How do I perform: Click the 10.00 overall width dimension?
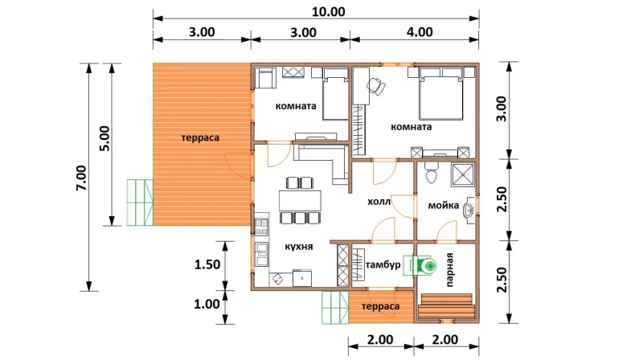coord(328,11)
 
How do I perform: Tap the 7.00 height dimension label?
coord(81,178)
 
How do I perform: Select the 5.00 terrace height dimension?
coord(105,138)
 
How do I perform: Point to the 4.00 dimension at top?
coord(420,32)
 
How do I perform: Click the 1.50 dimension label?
coord(207,264)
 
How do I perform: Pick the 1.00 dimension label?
coord(207,304)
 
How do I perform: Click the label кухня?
coord(298,247)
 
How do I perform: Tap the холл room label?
coord(379,202)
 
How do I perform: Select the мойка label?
coord(444,205)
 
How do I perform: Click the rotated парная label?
coord(450,269)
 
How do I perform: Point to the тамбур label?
coord(383,265)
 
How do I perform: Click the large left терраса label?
coord(200,138)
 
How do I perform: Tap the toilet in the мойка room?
coord(431,173)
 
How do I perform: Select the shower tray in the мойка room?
coord(463,174)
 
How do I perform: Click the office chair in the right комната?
coord(376,86)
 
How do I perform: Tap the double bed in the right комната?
coord(440,94)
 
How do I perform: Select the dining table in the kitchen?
coord(300,201)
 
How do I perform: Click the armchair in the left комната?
coord(265,78)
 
